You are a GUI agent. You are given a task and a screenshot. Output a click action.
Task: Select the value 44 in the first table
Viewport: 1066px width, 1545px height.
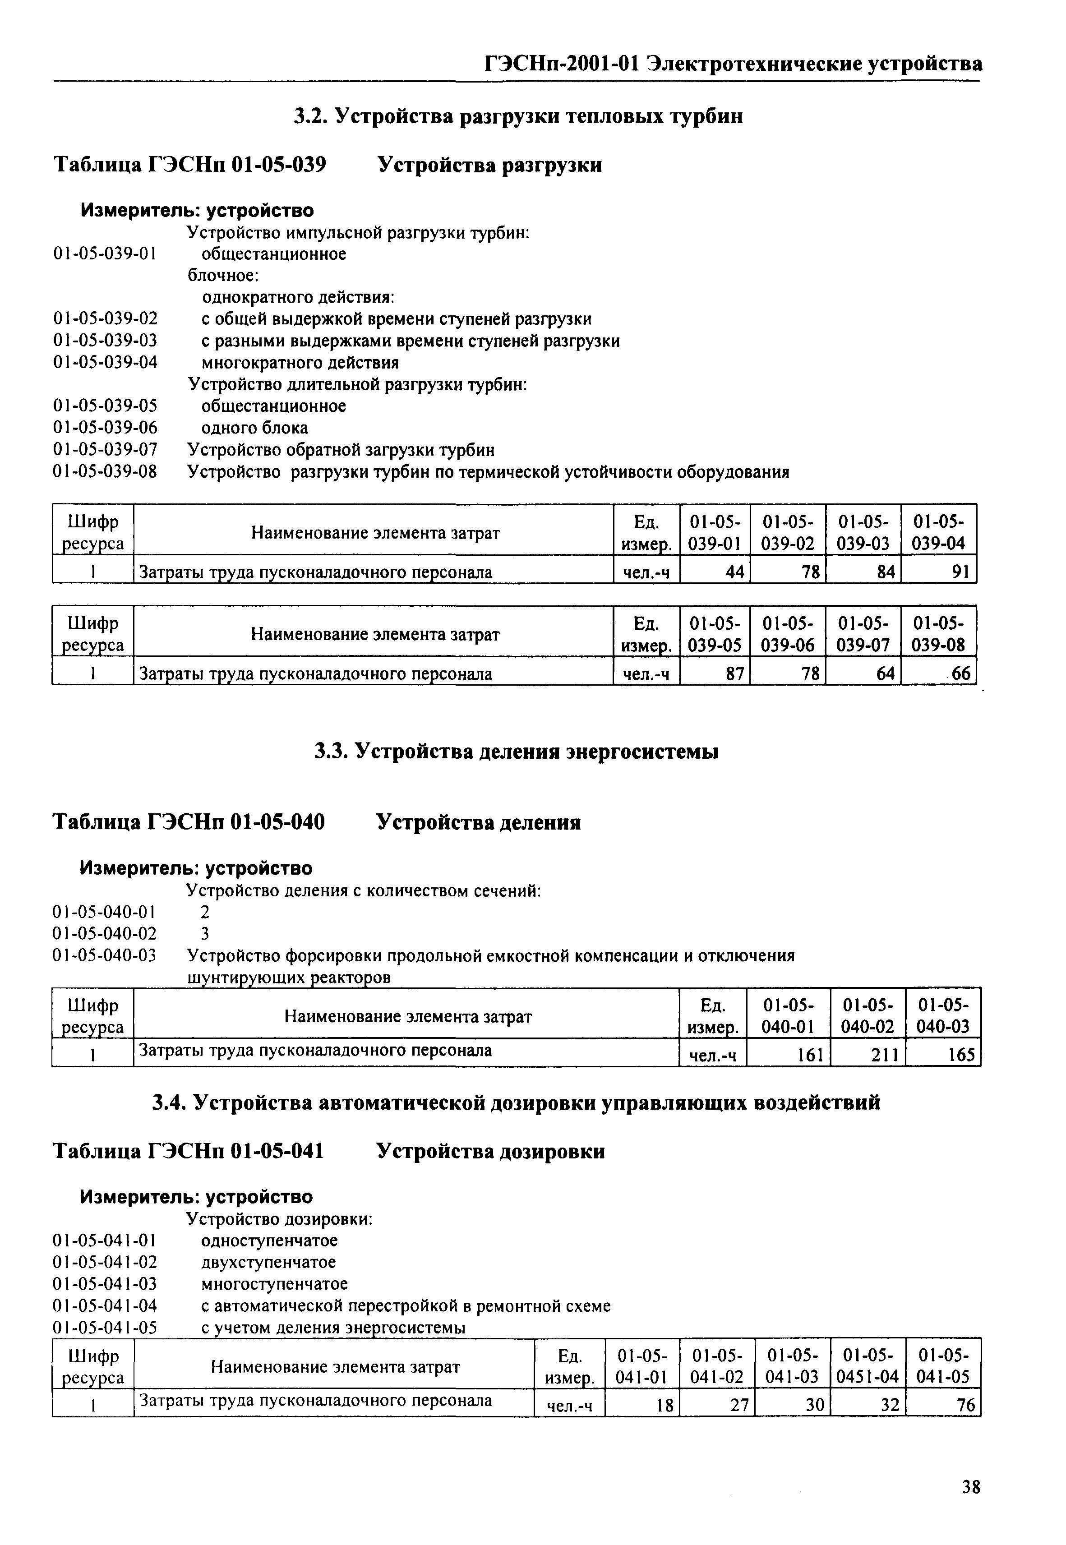coord(735,572)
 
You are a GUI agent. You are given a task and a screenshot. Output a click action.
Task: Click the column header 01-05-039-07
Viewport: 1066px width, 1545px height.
coord(863,634)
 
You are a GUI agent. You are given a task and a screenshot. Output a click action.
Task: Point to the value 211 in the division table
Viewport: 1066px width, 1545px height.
coord(885,1056)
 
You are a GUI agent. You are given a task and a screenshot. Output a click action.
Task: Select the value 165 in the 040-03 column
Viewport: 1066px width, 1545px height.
coord(961,1056)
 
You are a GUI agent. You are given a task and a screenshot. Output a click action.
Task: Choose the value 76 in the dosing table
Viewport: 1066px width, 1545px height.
coord(966,1406)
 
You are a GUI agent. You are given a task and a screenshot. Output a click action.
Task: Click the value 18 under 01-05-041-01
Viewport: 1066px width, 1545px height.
coord(665,1406)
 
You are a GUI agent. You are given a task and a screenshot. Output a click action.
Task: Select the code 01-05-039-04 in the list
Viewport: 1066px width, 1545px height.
coord(105,363)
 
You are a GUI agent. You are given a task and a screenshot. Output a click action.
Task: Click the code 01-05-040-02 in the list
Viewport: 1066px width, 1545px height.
coord(104,933)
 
